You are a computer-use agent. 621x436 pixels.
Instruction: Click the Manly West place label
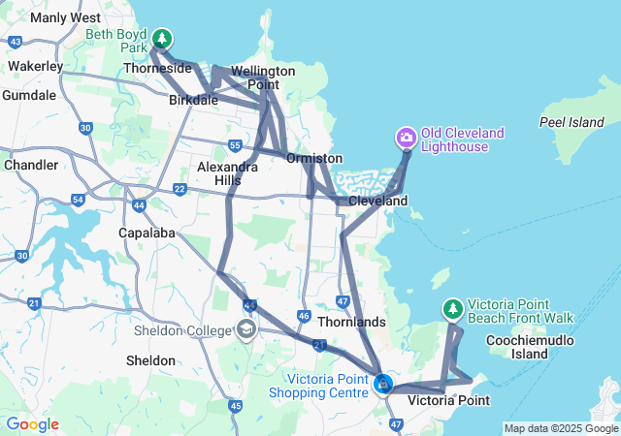(x=65, y=17)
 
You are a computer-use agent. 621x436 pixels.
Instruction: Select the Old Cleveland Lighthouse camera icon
(x=406, y=139)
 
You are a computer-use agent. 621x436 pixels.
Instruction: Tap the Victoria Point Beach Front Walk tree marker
(x=452, y=309)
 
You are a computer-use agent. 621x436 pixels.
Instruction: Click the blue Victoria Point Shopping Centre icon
(x=383, y=385)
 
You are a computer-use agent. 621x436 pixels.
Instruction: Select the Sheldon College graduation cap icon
(x=246, y=329)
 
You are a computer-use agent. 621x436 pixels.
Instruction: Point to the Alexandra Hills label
(x=227, y=173)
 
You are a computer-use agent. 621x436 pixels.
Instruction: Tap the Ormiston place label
(x=314, y=158)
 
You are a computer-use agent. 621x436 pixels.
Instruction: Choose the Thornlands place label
(x=351, y=322)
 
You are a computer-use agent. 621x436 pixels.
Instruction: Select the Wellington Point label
(x=261, y=78)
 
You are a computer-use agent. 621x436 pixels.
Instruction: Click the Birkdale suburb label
(x=193, y=100)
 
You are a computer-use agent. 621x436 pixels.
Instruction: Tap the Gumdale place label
(x=29, y=95)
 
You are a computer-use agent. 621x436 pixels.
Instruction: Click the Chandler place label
(x=31, y=165)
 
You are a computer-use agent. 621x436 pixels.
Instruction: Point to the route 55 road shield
(x=235, y=145)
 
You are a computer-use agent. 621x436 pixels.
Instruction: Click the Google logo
(x=32, y=423)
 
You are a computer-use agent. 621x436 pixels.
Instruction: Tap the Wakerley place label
(x=35, y=66)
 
